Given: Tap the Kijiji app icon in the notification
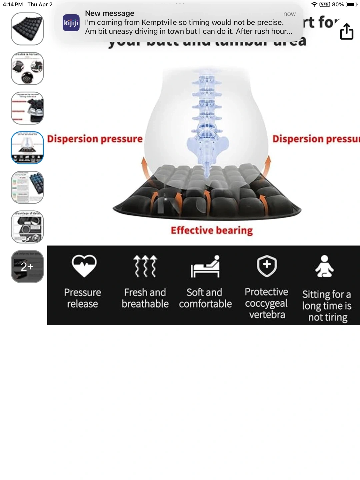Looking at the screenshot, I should pyautogui.click(x=71, y=23).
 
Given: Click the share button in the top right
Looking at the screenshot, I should pyautogui.click(x=346, y=32).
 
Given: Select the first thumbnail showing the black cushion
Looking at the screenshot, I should pyautogui.click(x=27, y=29).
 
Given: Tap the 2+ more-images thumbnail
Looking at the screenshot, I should pyautogui.click(x=27, y=266).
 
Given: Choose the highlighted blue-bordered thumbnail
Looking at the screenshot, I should pyautogui.click(x=27, y=148).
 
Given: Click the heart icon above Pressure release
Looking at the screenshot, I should pyautogui.click(x=84, y=266).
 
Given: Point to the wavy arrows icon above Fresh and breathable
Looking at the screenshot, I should pyautogui.click(x=145, y=266).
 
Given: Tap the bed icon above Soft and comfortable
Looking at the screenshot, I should pyautogui.click(x=205, y=266).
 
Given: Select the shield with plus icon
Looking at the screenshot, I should pyautogui.click(x=267, y=266).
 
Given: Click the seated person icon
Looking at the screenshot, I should pyautogui.click(x=324, y=266).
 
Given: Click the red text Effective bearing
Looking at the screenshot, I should pyautogui.click(x=212, y=230).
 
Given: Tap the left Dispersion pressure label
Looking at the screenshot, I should pyautogui.click(x=95, y=139).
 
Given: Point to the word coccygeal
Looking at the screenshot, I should pyautogui.click(x=266, y=303).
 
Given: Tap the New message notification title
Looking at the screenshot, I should pyautogui.click(x=110, y=13).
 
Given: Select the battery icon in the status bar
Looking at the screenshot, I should pyautogui.click(x=351, y=4).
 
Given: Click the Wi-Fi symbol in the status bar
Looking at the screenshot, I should pyautogui.click(x=314, y=4).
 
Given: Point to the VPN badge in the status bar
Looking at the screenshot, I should pyautogui.click(x=324, y=4).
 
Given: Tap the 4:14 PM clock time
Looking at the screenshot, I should pyautogui.click(x=13, y=4).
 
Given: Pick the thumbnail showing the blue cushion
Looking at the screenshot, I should pyautogui.click(x=27, y=187).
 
